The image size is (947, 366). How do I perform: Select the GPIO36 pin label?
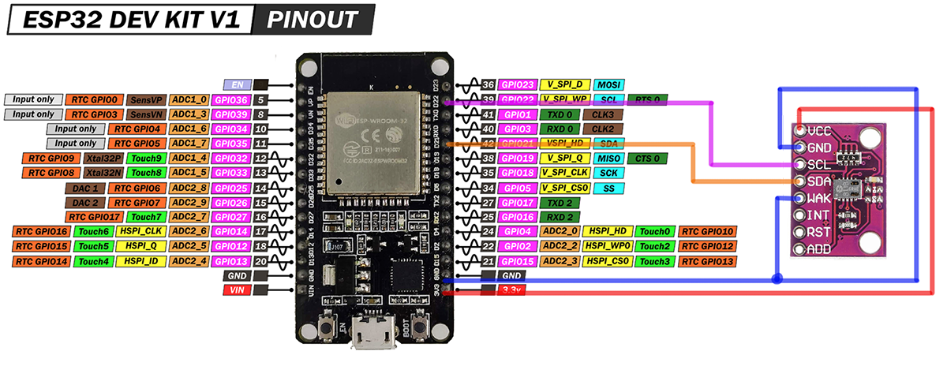(x=230, y=100)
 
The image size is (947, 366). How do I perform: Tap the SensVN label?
(x=145, y=114)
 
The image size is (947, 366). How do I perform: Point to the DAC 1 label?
(x=83, y=188)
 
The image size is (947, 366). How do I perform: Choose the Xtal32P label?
(x=102, y=159)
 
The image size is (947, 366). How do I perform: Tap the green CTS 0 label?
(x=646, y=159)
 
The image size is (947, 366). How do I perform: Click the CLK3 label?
(x=603, y=114)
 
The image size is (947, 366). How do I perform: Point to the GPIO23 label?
(x=518, y=84)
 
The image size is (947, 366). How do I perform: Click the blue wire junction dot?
(x=777, y=279)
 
